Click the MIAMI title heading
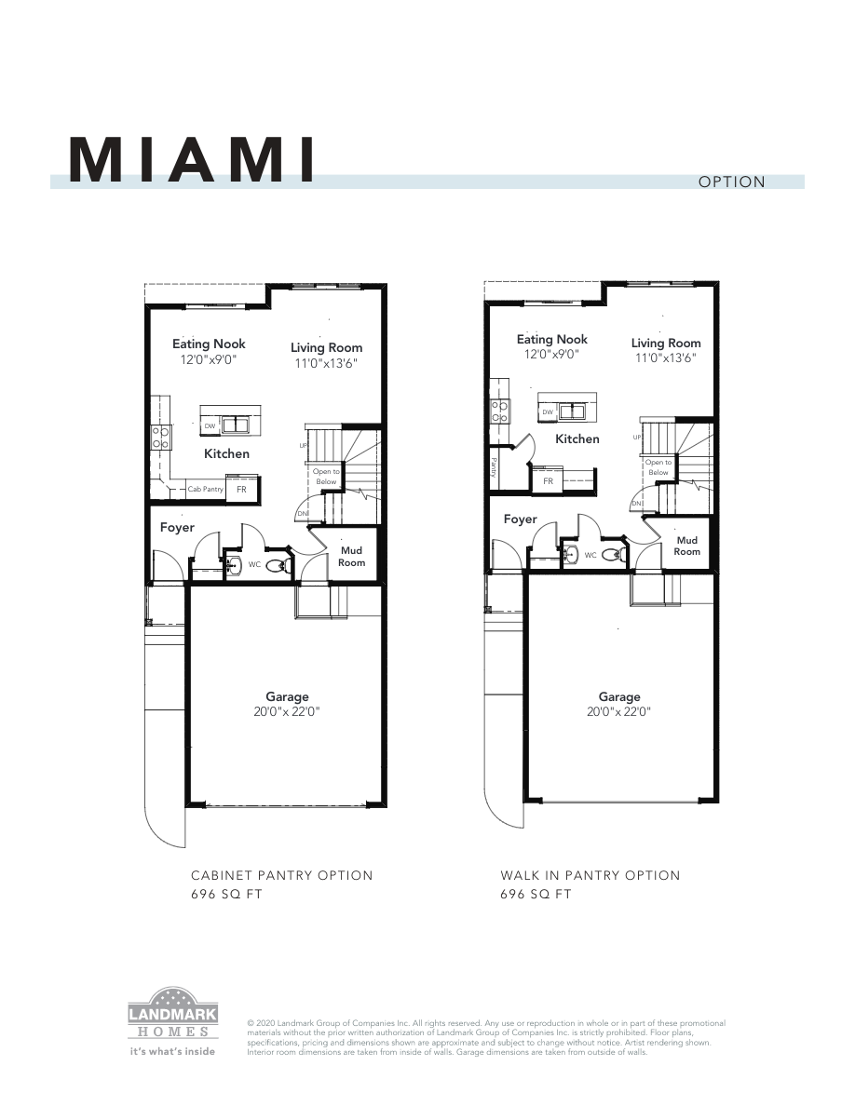191,161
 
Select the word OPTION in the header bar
731,182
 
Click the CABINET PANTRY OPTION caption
281,875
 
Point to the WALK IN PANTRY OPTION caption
590,875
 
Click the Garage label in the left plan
287,696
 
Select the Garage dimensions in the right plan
619,712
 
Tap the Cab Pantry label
205,489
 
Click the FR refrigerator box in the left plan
241,489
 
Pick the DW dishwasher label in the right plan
549,411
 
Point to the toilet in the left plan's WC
278,565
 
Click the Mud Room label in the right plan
687,546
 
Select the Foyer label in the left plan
177,528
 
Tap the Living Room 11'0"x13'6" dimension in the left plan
326,363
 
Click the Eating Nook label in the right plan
552,339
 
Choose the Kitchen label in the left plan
227,453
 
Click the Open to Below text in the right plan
658,467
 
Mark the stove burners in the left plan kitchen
160,438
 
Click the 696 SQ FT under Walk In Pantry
536,895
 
